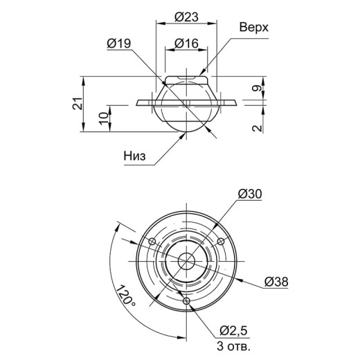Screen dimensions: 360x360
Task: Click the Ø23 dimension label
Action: (x=186, y=17)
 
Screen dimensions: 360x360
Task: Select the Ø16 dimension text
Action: (x=186, y=43)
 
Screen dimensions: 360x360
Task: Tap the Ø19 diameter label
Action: (x=119, y=43)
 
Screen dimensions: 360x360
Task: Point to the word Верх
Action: (x=254, y=27)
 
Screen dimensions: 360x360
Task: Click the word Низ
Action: (x=135, y=156)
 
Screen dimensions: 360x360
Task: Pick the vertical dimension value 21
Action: (x=78, y=103)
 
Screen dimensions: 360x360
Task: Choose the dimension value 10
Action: (x=104, y=118)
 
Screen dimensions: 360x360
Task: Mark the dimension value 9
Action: (x=258, y=88)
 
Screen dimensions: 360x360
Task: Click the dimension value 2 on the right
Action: (x=258, y=128)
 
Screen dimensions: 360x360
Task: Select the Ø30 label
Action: (x=250, y=194)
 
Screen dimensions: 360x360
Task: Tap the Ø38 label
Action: (x=276, y=282)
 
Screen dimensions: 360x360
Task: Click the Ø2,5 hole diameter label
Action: (x=233, y=331)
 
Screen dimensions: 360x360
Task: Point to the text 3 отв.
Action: (x=233, y=346)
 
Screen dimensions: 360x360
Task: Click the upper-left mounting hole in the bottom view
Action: (x=152, y=242)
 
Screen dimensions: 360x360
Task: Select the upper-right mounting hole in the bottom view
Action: (x=221, y=242)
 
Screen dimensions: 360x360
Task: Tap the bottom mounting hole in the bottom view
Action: (x=186, y=301)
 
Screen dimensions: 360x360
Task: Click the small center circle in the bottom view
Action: (x=186, y=261)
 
